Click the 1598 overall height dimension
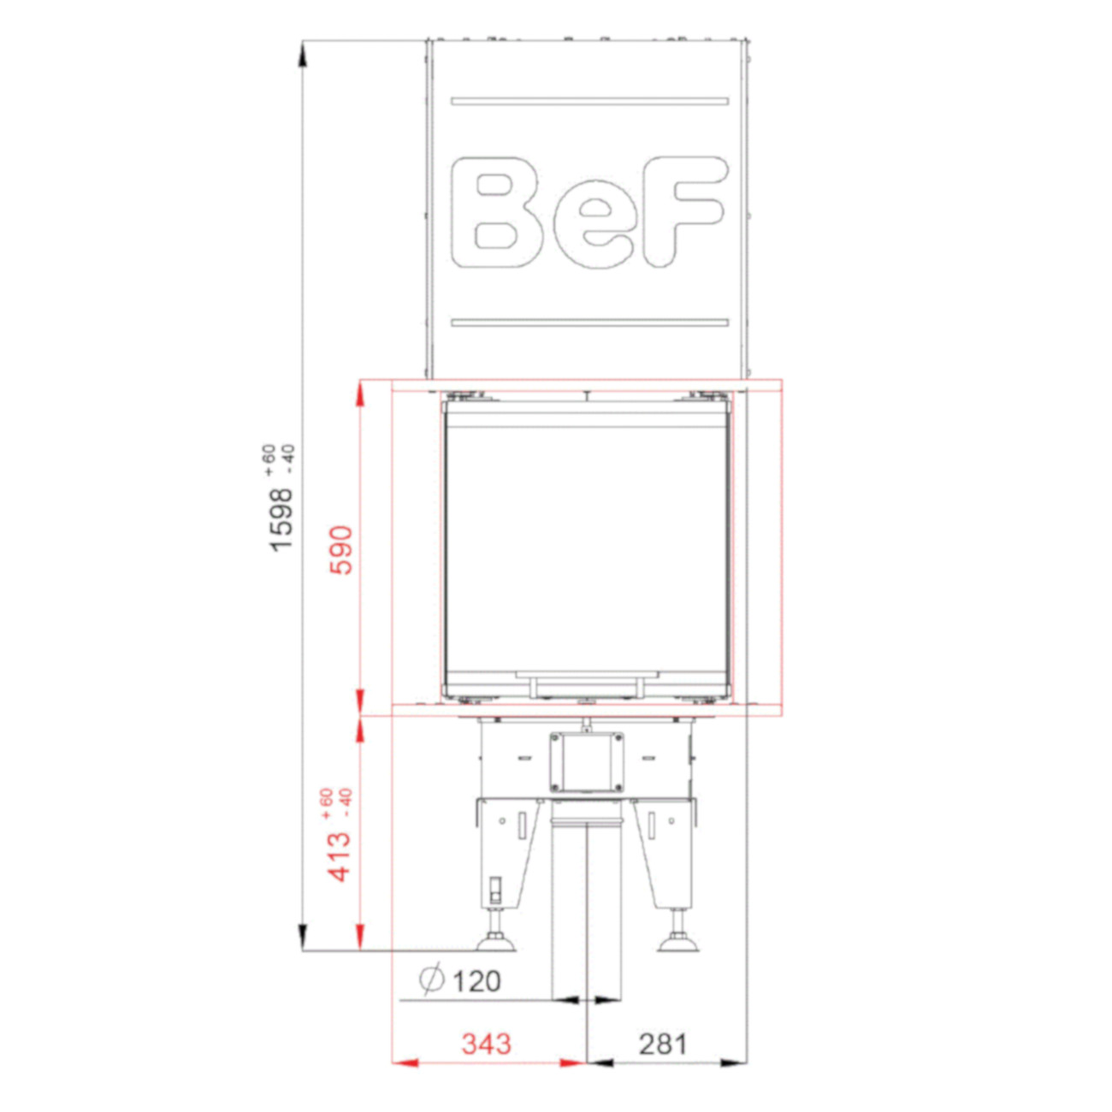coord(282,519)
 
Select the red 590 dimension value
coord(340,550)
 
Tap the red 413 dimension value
coord(340,857)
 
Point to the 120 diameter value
coord(476,981)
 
